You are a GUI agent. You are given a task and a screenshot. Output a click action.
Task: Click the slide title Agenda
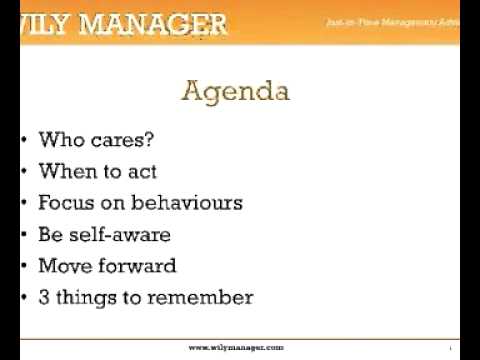coord(236,93)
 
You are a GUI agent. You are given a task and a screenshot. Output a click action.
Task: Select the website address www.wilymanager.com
coord(236,346)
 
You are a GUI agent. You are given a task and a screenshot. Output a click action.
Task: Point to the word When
coord(63,172)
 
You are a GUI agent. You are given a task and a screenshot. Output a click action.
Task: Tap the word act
coord(141,172)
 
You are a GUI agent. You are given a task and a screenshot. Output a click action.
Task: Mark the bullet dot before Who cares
coord(23,141)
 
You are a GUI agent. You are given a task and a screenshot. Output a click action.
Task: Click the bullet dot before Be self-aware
coord(23,235)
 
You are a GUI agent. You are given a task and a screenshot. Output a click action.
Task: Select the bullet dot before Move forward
coord(23,266)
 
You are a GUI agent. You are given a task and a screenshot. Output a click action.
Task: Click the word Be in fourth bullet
coord(50,235)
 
